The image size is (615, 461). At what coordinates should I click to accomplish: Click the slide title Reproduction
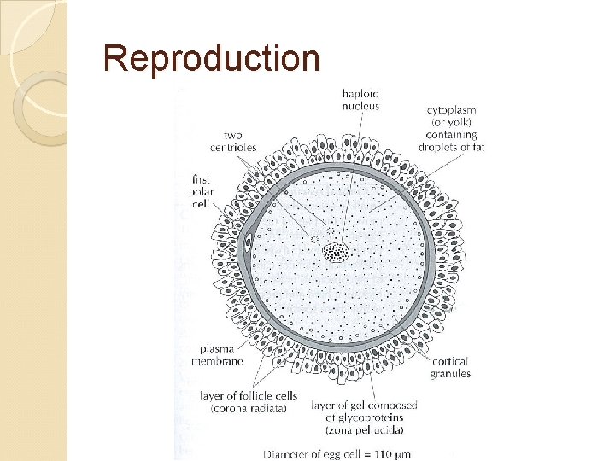pyautogui.click(x=211, y=58)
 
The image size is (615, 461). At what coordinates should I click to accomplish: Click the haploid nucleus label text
pyautogui.click(x=360, y=99)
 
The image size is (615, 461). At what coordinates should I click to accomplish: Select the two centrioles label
pyautogui.click(x=233, y=141)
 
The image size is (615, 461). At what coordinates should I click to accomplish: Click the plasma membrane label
pyautogui.click(x=221, y=355)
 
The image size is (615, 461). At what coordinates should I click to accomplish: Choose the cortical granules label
pyautogui.click(x=449, y=368)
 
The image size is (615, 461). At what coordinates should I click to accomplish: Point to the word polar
pyautogui.click(x=202, y=194)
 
